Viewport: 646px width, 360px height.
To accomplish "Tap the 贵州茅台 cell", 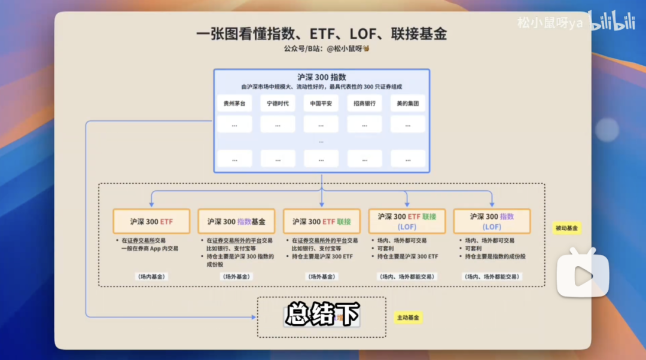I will (x=234, y=103).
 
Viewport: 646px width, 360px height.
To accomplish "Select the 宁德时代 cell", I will (x=278, y=103).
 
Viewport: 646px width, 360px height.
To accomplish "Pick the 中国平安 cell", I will (x=321, y=103).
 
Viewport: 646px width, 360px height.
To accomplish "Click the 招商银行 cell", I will (x=364, y=103).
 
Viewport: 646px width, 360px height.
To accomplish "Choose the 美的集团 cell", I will (x=408, y=103).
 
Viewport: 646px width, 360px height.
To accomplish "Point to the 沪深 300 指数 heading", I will (x=321, y=77).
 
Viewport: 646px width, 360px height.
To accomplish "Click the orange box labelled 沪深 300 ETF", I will (x=151, y=221).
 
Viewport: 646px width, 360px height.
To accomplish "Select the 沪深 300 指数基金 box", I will (x=236, y=221).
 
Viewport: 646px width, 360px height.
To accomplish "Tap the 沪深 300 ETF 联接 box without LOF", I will (x=322, y=221).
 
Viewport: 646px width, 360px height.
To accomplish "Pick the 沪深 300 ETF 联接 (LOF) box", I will (x=407, y=221).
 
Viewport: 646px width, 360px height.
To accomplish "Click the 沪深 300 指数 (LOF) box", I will (x=492, y=221).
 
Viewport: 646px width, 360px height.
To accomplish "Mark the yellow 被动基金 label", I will (x=566, y=228).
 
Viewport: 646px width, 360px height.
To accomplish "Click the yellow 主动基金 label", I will (x=409, y=318).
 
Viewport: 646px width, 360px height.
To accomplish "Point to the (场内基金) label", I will (x=151, y=276).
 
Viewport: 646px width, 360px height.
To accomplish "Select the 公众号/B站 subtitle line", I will (x=321, y=48).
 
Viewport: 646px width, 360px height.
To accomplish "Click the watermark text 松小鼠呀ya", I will (x=550, y=23).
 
